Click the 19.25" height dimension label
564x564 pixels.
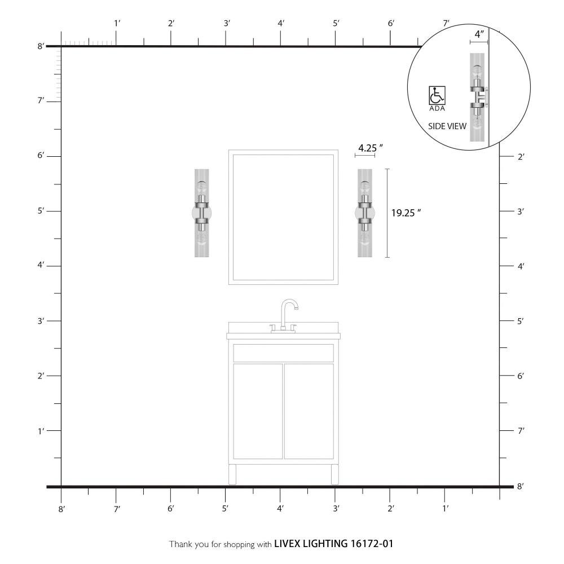[x=406, y=213]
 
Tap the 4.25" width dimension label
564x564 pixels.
[x=370, y=148]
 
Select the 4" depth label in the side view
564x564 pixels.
[x=479, y=34]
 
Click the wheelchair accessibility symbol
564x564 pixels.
[x=437, y=95]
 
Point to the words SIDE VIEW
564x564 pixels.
[x=447, y=126]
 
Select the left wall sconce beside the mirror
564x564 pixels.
[x=202, y=213]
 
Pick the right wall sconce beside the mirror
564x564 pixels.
[x=365, y=213]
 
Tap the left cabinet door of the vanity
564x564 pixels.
[x=258, y=411]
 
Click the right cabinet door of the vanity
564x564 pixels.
[x=309, y=411]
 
